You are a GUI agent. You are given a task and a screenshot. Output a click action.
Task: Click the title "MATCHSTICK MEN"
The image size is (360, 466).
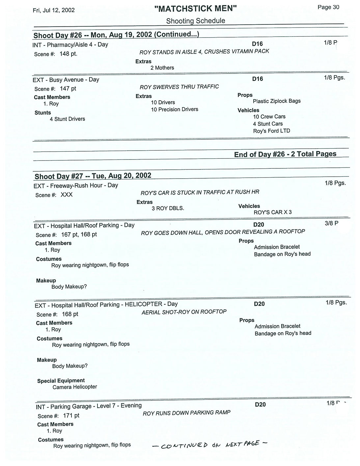click(x=196, y=9)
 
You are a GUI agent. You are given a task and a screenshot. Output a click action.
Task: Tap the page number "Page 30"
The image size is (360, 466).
click(x=328, y=7)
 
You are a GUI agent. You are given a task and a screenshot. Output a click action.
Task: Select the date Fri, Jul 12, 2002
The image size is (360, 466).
click(x=54, y=10)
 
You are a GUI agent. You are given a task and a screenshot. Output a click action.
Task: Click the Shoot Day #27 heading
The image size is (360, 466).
click(x=93, y=176)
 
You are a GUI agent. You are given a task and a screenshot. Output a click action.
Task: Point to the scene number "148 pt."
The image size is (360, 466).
click(x=69, y=54)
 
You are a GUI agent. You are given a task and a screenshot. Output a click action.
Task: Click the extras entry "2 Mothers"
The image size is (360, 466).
click(x=162, y=68)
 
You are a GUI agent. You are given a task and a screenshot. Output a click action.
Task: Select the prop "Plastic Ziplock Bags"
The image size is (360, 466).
click(x=277, y=101)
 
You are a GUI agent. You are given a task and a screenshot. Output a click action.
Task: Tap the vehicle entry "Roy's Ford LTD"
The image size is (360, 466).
click(x=271, y=131)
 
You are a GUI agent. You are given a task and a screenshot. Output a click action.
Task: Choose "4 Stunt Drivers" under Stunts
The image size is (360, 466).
click(x=67, y=119)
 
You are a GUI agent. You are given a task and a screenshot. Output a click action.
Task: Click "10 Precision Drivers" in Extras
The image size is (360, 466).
click(x=175, y=109)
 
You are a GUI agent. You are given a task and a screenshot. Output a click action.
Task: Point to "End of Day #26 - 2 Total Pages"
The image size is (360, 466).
click(x=285, y=154)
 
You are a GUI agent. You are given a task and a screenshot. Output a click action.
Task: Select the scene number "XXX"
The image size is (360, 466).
click(x=67, y=195)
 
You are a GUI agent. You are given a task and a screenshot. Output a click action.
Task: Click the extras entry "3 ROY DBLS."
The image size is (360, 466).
click(x=168, y=209)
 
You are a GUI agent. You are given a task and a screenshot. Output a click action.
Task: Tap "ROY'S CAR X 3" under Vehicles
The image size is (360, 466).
click(x=272, y=212)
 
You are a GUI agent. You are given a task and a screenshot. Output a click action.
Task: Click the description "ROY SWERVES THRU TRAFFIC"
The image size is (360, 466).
click(x=179, y=87)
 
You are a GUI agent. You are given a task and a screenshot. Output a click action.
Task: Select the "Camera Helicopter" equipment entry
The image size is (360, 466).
click(x=75, y=387)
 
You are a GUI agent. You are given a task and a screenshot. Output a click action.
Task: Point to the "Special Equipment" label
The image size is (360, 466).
click(x=61, y=381)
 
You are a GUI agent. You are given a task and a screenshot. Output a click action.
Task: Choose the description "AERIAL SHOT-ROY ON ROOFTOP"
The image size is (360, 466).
click(x=184, y=312)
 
